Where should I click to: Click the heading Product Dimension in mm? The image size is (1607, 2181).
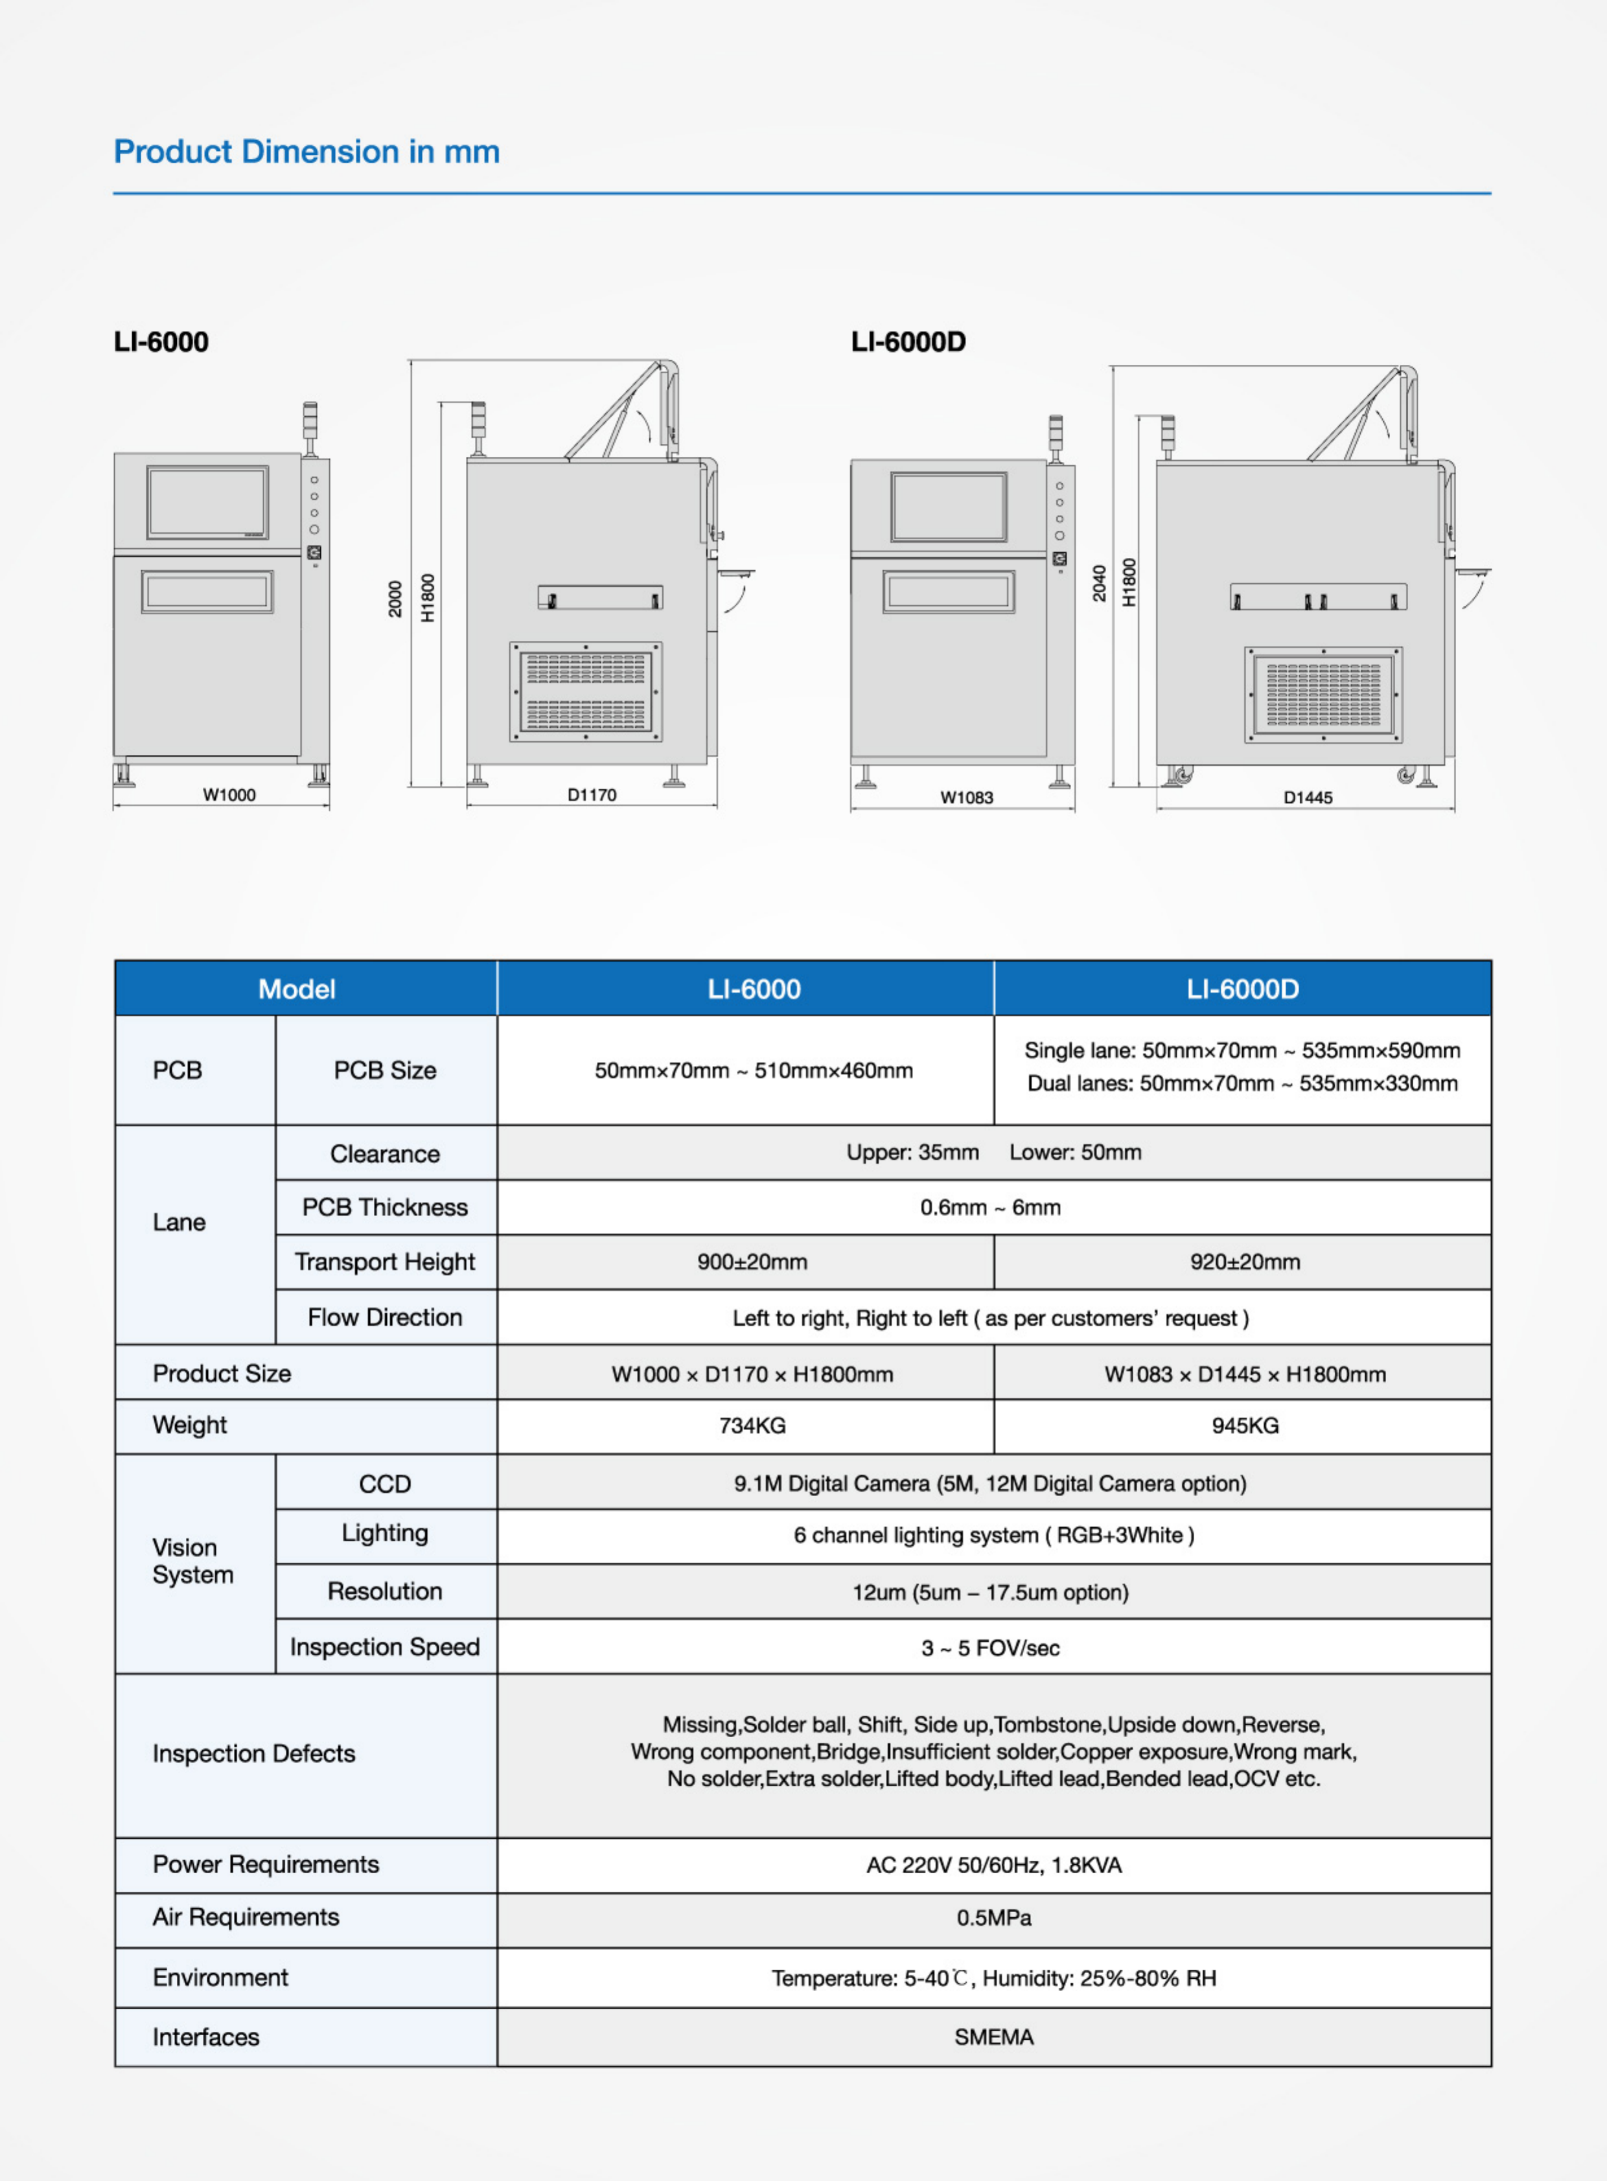(x=306, y=152)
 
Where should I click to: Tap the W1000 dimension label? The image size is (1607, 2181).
(x=229, y=795)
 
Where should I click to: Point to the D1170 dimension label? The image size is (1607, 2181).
(x=592, y=795)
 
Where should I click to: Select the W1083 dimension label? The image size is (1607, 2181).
(x=966, y=798)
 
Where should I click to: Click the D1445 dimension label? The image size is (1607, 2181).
(x=1308, y=798)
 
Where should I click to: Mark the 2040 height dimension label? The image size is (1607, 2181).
(x=1099, y=584)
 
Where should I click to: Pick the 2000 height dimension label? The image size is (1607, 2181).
(x=395, y=598)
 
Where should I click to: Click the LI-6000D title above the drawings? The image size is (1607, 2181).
(x=908, y=341)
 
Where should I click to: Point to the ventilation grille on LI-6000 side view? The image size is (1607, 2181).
(x=586, y=691)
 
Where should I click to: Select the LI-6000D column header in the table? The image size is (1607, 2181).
(x=1242, y=989)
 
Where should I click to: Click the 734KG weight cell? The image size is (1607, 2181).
(x=752, y=1426)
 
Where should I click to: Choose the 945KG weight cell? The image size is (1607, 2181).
(x=1244, y=1426)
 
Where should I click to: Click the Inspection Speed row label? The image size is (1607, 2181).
(x=385, y=1647)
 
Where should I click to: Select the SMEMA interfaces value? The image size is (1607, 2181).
(x=993, y=2037)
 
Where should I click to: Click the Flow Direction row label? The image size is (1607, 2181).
(x=385, y=1317)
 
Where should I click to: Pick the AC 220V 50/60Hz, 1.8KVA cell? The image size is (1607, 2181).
(x=993, y=1865)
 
